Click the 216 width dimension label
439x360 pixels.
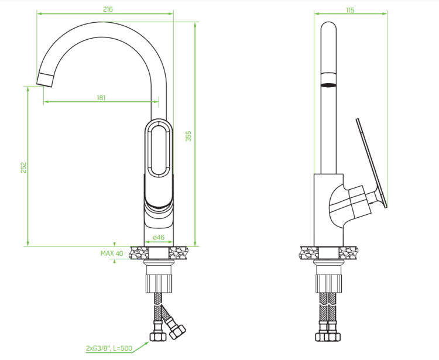(x=108, y=9)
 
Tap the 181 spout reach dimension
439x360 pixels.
(x=101, y=98)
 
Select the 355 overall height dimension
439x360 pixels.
(x=188, y=136)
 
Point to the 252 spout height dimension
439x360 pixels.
(x=23, y=167)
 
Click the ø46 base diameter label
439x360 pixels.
(x=159, y=238)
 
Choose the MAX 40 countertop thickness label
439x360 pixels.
(x=112, y=253)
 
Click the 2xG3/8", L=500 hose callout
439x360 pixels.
(x=109, y=348)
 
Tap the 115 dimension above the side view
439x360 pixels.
(x=350, y=10)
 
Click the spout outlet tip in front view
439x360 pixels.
(x=45, y=80)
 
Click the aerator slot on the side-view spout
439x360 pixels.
(x=328, y=85)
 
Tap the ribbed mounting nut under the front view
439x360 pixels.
(x=159, y=284)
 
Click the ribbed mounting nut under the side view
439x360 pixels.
(x=329, y=284)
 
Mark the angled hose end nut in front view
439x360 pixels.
(x=178, y=332)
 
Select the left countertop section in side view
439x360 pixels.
(x=310, y=253)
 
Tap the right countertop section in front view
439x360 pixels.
(x=178, y=253)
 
